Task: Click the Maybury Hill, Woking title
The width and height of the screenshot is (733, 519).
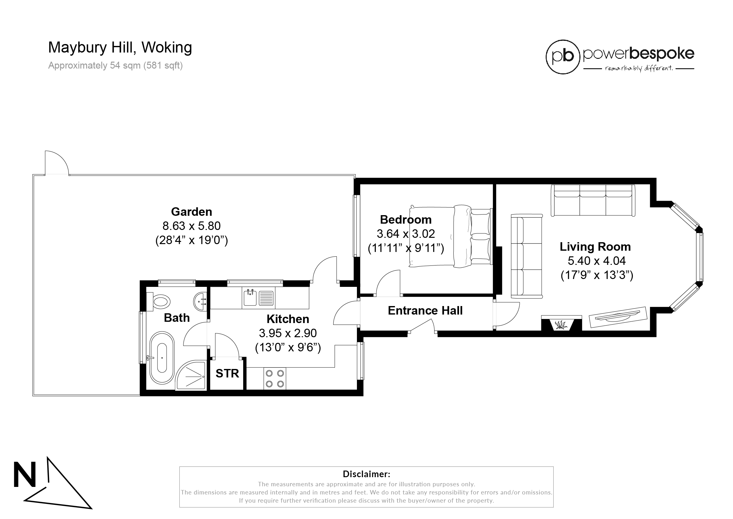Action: (120, 47)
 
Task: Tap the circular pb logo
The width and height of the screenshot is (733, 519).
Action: (562, 57)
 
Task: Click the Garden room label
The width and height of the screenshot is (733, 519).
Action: (191, 212)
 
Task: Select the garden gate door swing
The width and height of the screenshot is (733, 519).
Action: (56, 163)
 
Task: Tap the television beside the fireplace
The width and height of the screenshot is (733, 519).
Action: (618, 317)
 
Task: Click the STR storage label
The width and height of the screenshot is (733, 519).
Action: (227, 373)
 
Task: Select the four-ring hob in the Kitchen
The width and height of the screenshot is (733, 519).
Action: (275, 378)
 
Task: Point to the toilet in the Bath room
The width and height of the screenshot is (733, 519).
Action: (160, 301)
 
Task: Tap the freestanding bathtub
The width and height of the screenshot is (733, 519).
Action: (162, 358)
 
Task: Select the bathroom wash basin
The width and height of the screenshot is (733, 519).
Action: (201, 301)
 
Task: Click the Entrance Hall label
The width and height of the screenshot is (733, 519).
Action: (425, 310)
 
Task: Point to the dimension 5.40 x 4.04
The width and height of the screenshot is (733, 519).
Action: (596, 261)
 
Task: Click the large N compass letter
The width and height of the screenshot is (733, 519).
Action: (25, 475)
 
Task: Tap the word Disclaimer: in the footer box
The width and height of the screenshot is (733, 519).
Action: (366, 474)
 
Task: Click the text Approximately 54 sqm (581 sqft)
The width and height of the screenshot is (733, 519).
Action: (115, 65)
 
